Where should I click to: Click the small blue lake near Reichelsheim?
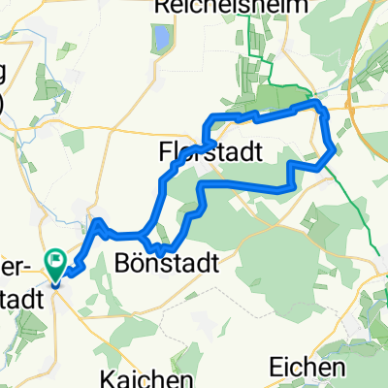158,40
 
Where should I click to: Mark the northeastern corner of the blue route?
318,102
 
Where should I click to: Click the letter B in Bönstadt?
121,262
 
